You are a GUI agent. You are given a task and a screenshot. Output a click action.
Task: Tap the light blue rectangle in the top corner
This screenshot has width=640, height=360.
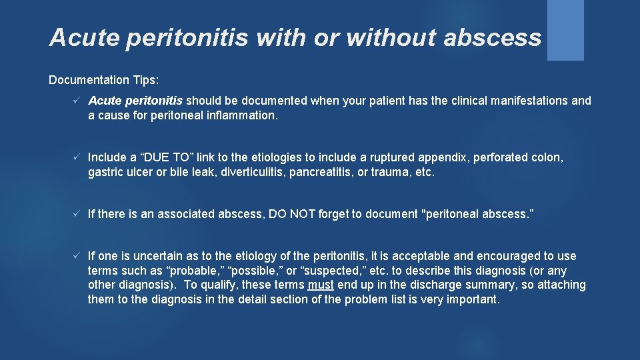coord(565,29)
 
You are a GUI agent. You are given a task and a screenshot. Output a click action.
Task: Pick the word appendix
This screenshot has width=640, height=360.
coord(443,157)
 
